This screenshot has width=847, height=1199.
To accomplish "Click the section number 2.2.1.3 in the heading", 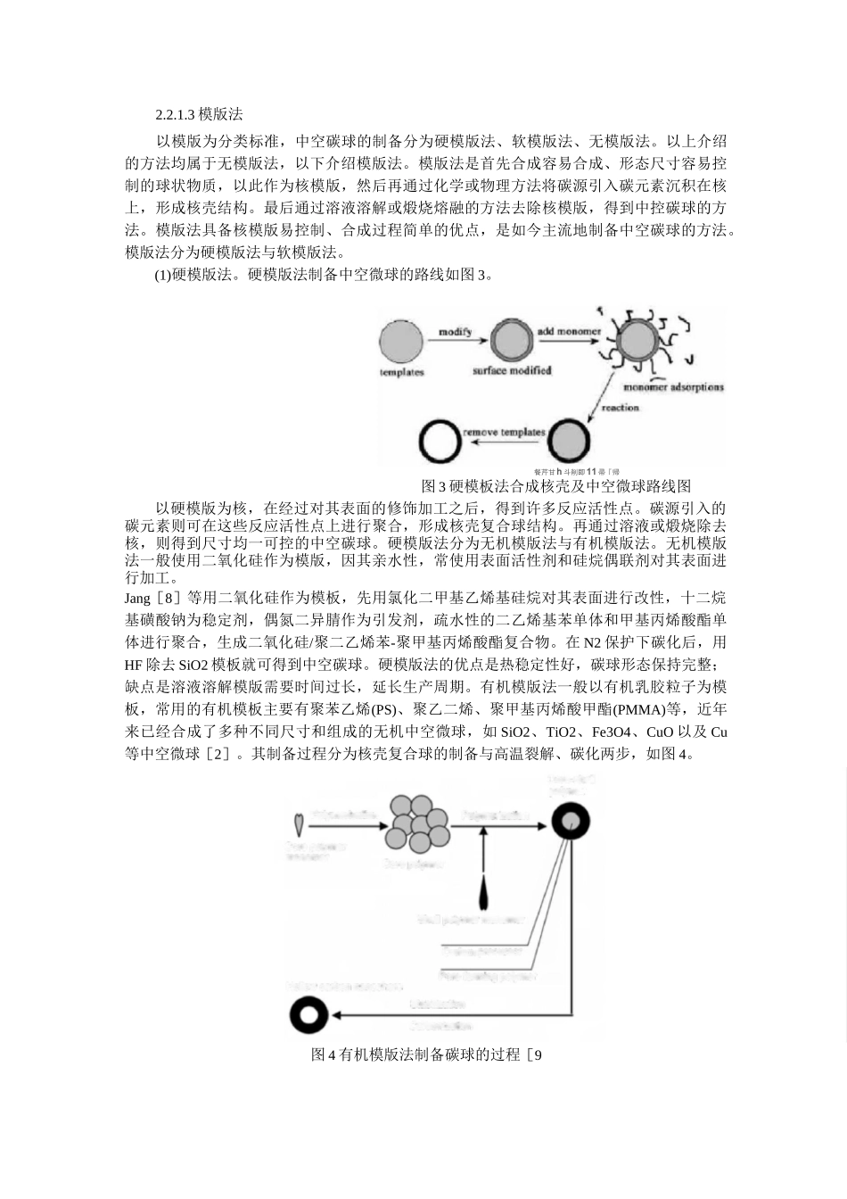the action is [x=175, y=115].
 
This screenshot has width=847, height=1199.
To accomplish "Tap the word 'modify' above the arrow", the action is [x=455, y=332].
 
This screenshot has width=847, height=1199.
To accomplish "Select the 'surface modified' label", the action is [x=512, y=370].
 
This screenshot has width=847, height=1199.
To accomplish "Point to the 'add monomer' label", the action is [x=569, y=332].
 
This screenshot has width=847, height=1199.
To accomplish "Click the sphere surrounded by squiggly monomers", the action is [x=637, y=343].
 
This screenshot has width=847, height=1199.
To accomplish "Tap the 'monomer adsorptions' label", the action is [x=673, y=387].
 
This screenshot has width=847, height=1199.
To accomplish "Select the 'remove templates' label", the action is [x=504, y=433].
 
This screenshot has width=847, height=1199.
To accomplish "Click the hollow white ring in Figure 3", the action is [x=440, y=441].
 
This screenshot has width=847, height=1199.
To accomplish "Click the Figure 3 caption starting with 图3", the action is [x=555, y=486].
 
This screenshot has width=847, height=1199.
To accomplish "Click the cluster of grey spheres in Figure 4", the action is [x=416, y=825].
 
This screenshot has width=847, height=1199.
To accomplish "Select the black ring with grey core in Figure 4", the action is [x=570, y=823].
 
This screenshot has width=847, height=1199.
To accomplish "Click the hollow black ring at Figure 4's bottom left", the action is [x=309, y=1014].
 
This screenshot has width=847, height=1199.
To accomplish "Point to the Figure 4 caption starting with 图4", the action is [x=426, y=1054].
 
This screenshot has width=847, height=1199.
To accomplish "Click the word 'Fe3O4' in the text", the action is [x=612, y=732].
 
